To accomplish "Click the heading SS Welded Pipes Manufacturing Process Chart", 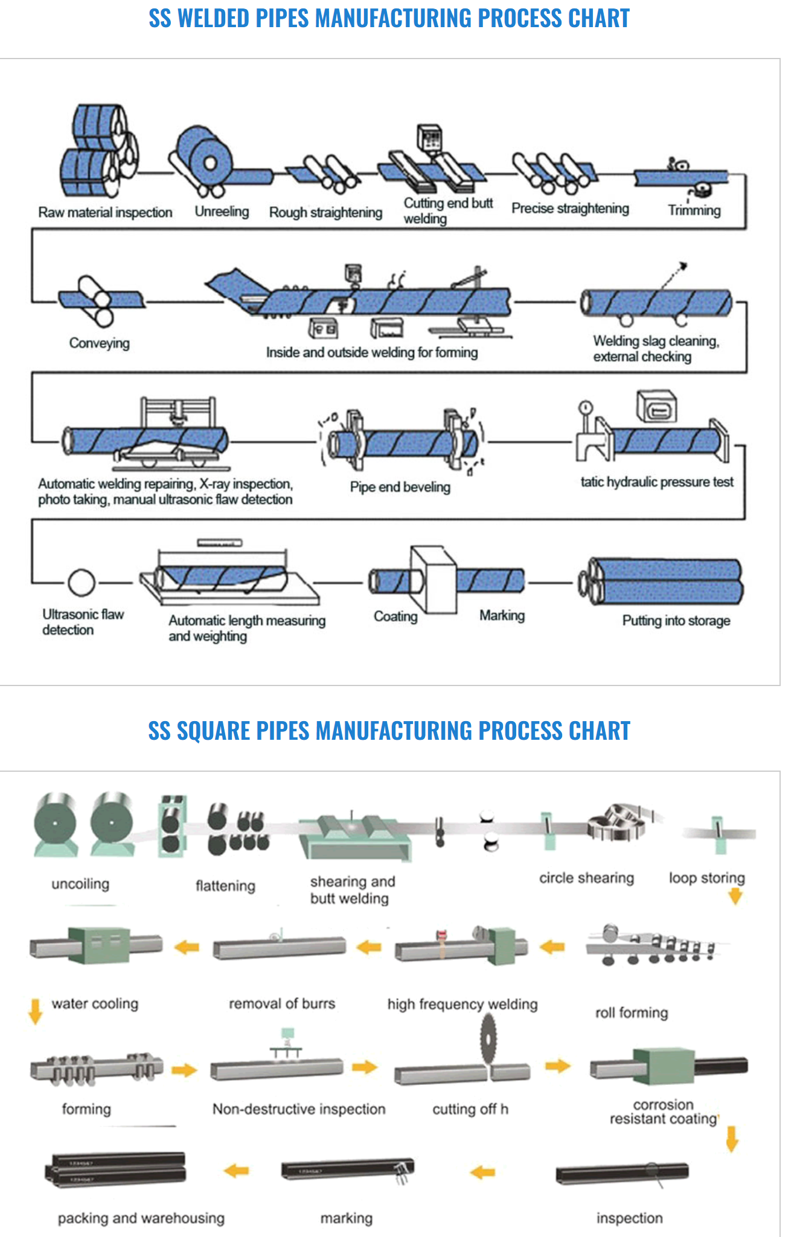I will [389, 19].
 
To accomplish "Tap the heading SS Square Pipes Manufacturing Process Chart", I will [389, 731].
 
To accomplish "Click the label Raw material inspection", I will [105, 212].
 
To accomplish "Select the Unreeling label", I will [222, 212].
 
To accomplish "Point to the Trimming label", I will [694, 211].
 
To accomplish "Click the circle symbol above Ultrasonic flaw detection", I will [82, 582].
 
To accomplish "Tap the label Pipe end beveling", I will [400, 487].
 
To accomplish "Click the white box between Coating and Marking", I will [434, 580].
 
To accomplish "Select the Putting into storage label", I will [676, 621].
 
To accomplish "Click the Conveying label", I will [99, 343].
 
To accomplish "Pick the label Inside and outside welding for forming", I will [372, 352].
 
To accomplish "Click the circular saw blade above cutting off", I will [488, 1038].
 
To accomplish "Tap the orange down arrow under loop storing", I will [735, 897].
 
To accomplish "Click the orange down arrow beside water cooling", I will [36, 1011].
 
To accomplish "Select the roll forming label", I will [632, 1013].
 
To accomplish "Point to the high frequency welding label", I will [462, 1004].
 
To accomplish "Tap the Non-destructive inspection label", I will [298, 1109].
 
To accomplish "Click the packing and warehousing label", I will [141, 1218].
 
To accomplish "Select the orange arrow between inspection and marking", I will [482, 1172].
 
